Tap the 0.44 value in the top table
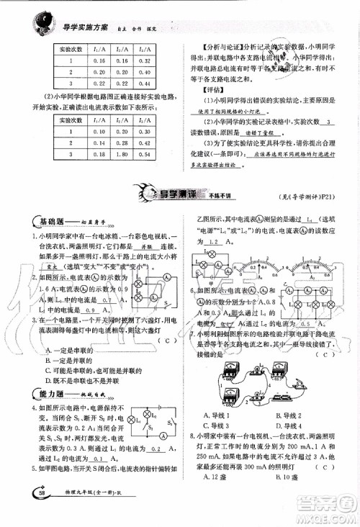147,84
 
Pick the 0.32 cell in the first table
147,60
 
